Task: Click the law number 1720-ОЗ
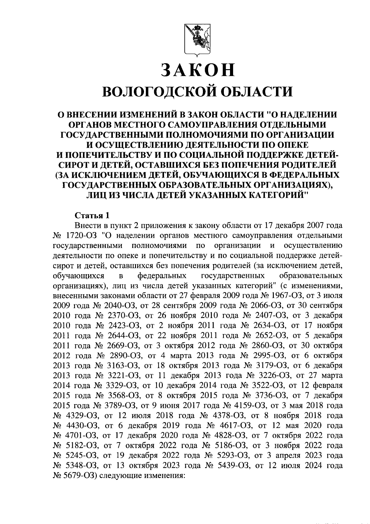click(82, 236)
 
